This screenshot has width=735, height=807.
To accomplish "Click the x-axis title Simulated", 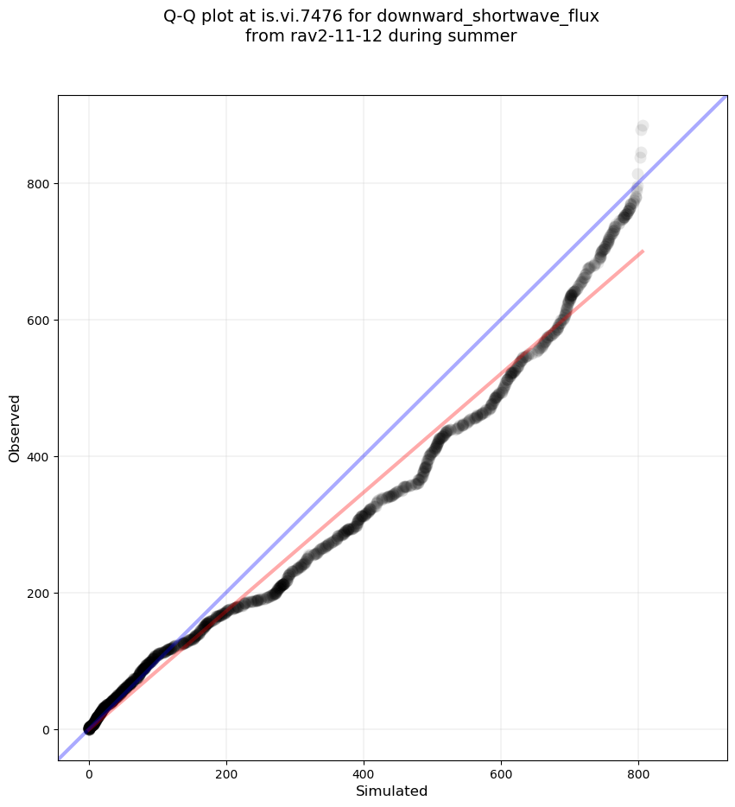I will [x=392, y=791].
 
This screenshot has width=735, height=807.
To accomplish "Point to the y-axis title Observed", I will [x=15, y=429].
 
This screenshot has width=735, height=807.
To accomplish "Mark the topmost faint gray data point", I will [x=643, y=126].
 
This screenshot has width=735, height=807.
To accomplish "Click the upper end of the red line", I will [x=643, y=251].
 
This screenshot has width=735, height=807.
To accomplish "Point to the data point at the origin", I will [x=89, y=729].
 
